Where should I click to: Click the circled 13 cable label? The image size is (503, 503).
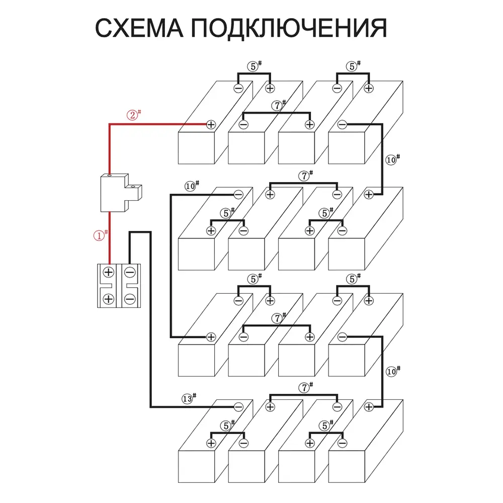188,399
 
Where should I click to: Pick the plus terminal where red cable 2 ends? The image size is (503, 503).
211,124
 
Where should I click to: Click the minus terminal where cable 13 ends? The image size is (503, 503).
238,406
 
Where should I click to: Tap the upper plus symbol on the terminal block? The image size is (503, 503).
108,272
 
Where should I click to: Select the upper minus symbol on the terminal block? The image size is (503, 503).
130,272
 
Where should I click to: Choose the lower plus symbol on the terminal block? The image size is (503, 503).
108,299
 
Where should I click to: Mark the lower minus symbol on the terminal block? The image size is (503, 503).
130,299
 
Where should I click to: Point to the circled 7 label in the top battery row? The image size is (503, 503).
277,106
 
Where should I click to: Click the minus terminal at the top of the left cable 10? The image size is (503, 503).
238,194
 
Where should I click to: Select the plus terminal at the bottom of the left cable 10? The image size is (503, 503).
211,336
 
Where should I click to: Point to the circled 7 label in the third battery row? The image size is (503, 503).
277,318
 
